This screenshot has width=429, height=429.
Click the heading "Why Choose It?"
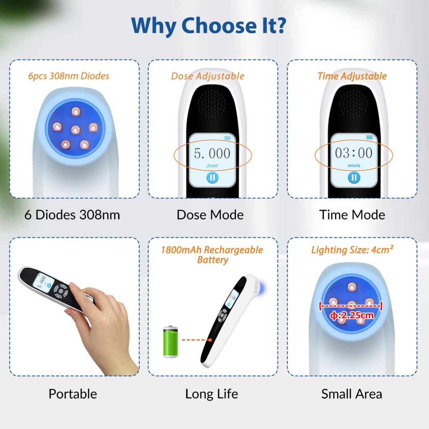[x=209, y=26]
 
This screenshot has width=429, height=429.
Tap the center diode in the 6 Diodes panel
[x=76, y=129]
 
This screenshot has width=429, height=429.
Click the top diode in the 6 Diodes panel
[x=76, y=112]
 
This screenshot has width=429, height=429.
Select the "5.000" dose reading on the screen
[x=212, y=153]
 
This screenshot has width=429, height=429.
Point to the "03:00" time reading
[x=353, y=153]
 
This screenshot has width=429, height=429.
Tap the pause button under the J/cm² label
[x=212, y=177]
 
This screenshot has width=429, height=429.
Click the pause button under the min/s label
[x=354, y=177]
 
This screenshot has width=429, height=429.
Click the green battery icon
[x=170, y=341]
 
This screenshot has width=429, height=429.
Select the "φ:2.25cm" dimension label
[x=352, y=315]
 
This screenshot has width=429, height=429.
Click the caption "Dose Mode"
[x=210, y=215]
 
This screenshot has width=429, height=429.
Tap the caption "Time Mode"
[x=352, y=215]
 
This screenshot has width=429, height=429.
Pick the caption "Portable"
[x=73, y=394]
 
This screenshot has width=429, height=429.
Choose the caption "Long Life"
[x=212, y=394]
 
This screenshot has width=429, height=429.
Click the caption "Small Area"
[x=352, y=394]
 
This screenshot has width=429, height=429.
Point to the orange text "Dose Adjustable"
[x=208, y=76]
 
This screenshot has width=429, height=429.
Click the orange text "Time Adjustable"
[x=352, y=76]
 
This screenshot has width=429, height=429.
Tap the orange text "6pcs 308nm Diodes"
[x=69, y=76]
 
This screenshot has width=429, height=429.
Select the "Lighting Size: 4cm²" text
[x=353, y=249]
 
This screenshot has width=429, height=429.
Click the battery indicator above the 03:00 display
[x=369, y=137]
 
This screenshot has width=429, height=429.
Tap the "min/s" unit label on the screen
[x=354, y=165]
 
